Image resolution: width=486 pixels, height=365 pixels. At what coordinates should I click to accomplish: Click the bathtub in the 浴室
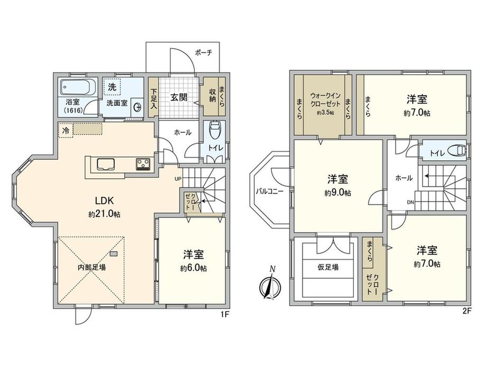(78, 87)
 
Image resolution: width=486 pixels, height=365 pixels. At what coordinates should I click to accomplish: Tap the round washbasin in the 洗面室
(137, 107)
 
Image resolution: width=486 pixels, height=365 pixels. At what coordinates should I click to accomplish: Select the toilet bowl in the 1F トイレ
(214, 130)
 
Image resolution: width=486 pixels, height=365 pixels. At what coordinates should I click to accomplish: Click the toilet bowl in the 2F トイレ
(459, 150)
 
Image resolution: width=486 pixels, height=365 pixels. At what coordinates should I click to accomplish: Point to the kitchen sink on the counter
(106, 164)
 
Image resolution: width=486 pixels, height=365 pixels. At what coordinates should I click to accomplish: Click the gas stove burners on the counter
(143, 164)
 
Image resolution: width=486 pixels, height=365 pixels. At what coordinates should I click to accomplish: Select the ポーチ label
(203, 52)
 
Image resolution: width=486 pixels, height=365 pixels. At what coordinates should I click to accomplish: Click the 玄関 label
(179, 97)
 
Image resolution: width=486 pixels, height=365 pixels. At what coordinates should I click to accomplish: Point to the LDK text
(104, 200)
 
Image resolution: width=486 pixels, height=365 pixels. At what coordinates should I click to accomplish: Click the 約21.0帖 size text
(105, 214)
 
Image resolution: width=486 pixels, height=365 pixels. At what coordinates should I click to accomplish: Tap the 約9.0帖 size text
(338, 193)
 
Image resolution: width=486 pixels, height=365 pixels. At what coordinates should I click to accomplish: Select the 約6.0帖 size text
(193, 268)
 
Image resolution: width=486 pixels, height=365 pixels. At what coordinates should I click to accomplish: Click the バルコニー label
(269, 191)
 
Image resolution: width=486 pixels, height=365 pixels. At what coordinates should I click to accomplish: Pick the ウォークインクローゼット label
(325, 99)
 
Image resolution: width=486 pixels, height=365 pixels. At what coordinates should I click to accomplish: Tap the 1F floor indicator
(225, 315)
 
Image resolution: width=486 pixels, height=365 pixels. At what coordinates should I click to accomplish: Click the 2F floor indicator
(467, 311)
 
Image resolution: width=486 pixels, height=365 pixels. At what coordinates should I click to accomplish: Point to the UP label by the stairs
(178, 178)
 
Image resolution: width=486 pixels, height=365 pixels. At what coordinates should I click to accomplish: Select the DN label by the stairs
(410, 203)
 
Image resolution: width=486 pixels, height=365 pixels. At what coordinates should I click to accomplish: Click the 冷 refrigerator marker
(66, 130)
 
